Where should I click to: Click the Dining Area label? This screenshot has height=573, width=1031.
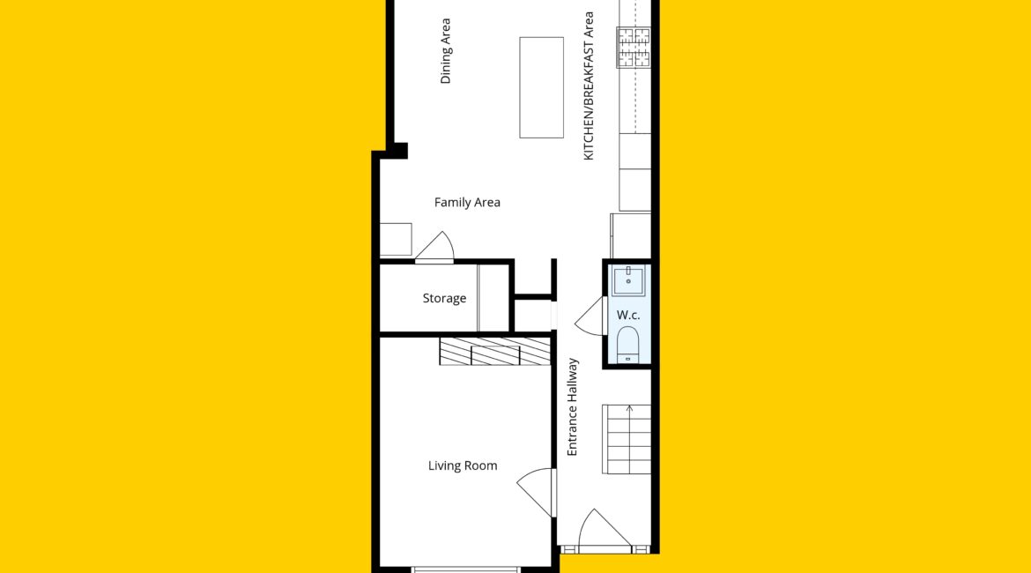click(445, 51)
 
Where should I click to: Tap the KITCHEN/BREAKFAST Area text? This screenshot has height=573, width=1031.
click(589, 86)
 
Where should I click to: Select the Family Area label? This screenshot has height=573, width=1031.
click(467, 203)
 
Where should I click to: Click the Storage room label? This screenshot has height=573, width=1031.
click(444, 298)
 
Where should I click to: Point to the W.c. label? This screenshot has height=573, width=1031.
click(628, 315)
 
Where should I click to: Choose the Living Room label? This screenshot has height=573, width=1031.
click(463, 465)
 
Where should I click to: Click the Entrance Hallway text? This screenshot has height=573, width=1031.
click(572, 406)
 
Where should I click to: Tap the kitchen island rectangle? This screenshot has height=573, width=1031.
click(541, 87)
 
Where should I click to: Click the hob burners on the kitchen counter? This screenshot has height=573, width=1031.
click(634, 47)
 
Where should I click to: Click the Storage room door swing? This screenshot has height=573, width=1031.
click(434, 248)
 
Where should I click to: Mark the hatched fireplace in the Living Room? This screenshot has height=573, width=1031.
click(495, 352)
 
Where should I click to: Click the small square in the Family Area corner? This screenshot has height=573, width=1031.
click(396, 240)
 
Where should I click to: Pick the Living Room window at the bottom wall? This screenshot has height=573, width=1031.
click(465, 569)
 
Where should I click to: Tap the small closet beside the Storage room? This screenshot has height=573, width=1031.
click(532, 315)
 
